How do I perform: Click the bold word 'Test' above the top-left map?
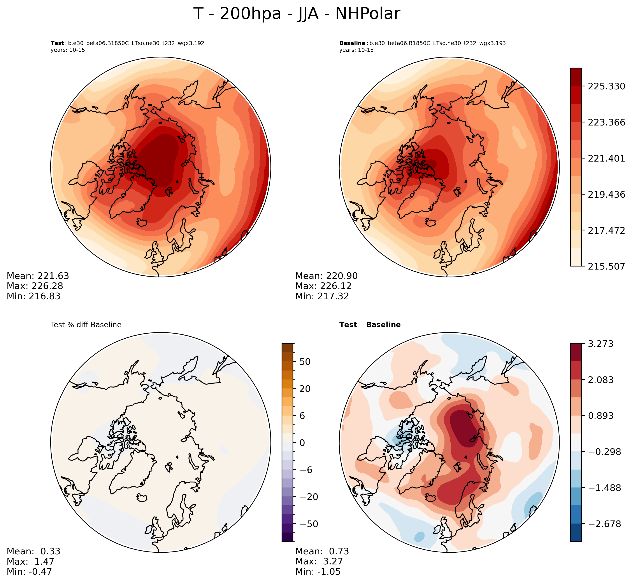(x=57, y=43)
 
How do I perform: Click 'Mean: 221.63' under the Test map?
(x=38, y=276)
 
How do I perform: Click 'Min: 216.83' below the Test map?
(x=33, y=296)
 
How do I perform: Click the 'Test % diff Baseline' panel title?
(x=86, y=325)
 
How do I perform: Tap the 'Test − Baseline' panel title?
(x=370, y=325)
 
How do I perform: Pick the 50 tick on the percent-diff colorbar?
(x=305, y=362)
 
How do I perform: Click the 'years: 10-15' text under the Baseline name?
(x=356, y=50)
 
